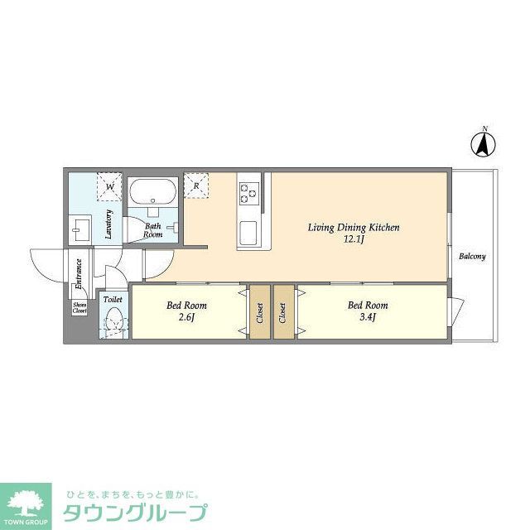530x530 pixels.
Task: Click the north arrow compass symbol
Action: pyautogui.click(x=484, y=144)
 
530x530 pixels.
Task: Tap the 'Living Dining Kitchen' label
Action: pyautogui.click(x=354, y=227)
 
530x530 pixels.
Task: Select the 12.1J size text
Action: pyautogui.click(x=354, y=239)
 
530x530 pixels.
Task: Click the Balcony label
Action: pyautogui.click(x=473, y=257)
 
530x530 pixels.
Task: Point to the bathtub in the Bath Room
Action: pyautogui.click(x=152, y=192)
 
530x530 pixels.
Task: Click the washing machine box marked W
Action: pyautogui.click(x=109, y=185)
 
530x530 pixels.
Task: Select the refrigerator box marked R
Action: pyautogui.click(x=195, y=185)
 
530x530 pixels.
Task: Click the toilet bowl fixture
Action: pyautogui.click(x=113, y=320)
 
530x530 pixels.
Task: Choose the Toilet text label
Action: pyautogui.click(x=113, y=299)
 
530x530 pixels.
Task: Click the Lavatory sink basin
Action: pyautogui.click(x=81, y=227)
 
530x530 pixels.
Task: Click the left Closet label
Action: pyautogui.click(x=258, y=311)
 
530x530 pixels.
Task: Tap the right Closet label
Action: pyautogui.click(x=283, y=311)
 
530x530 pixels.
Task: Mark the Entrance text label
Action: pyautogui.click(x=79, y=273)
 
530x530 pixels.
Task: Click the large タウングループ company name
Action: pyautogui.click(x=135, y=513)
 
